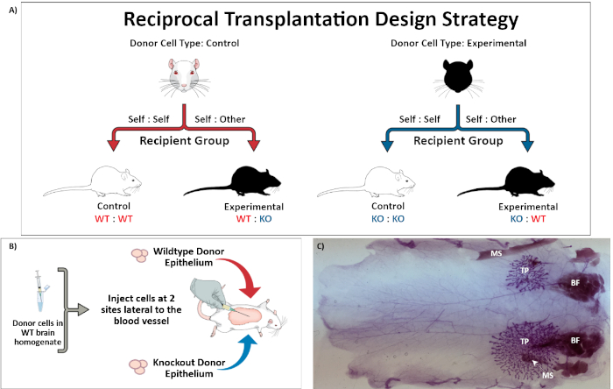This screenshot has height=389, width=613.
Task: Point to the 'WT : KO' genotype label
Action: (236, 216)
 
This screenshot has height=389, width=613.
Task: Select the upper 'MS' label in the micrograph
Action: (496, 254)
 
